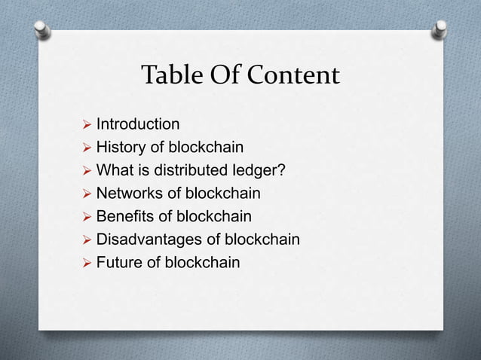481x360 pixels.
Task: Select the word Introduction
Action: (138, 124)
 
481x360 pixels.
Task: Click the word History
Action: (120, 147)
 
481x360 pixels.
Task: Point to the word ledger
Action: (260, 170)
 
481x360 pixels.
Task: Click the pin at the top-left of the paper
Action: (42, 29)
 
